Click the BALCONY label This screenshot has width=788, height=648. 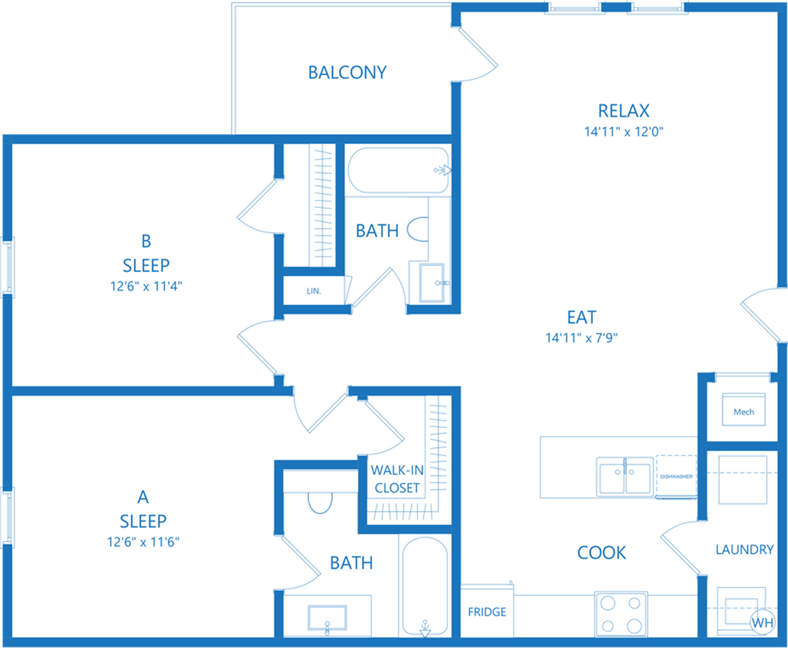tap(347, 72)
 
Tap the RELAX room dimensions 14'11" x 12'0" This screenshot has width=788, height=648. tap(624, 132)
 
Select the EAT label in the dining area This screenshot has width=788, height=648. tap(582, 317)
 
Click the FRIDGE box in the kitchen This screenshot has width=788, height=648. tap(486, 612)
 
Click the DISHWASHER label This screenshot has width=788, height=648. tap(676, 477)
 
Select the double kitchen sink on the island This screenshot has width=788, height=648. tap(625, 477)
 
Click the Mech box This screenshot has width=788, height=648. tap(743, 412)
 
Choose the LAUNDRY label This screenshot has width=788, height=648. tap(744, 549)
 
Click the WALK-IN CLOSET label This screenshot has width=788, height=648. tap(397, 479)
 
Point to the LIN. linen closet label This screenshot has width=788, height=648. tap(313, 292)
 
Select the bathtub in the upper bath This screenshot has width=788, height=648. tap(398, 170)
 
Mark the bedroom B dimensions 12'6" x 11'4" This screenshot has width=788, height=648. tap(146, 286)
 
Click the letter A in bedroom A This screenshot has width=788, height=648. tap(143, 497)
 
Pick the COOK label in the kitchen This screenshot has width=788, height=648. tap(601, 553)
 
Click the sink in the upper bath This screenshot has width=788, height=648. tap(433, 282)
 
